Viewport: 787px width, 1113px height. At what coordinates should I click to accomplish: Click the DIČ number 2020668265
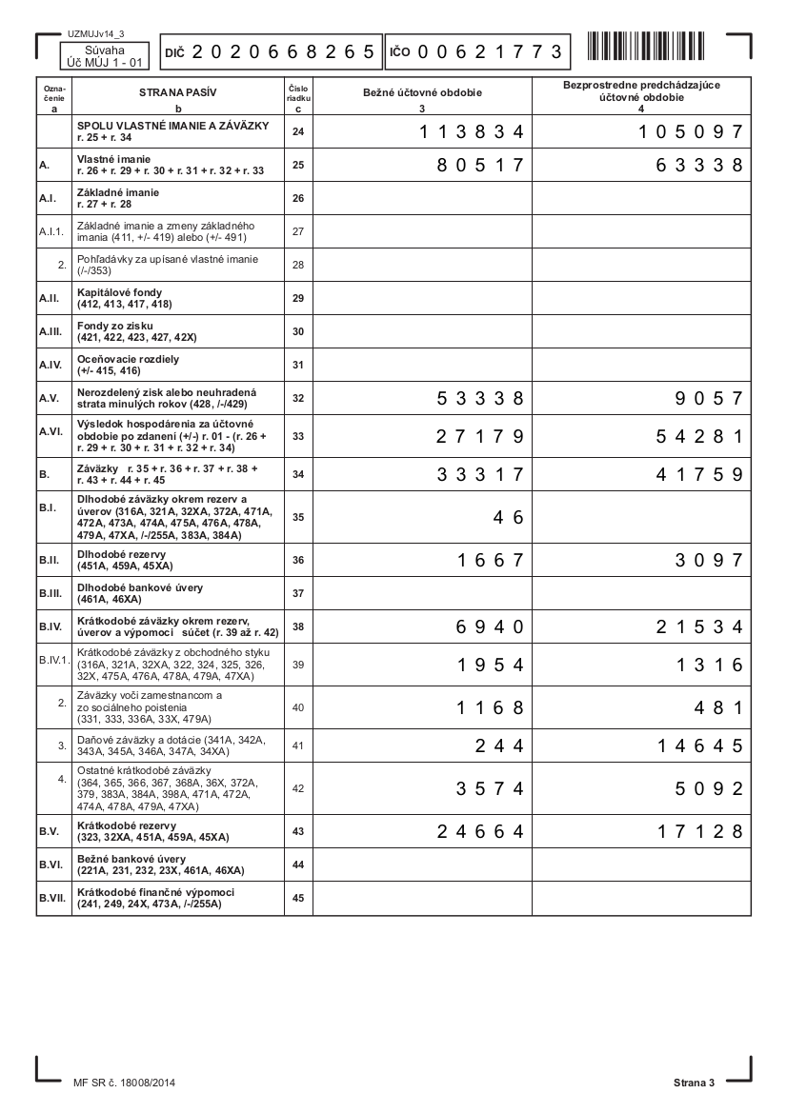(x=283, y=52)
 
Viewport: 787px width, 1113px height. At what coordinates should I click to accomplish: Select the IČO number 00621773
(x=489, y=52)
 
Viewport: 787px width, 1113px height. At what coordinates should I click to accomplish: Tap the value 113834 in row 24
(x=472, y=131)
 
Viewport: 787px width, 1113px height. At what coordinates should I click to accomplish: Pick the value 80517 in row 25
(x=480, y=165)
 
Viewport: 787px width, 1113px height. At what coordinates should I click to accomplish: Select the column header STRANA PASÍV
(x=177, y=93)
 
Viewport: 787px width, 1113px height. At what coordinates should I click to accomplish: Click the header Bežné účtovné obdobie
(x=422, y=93)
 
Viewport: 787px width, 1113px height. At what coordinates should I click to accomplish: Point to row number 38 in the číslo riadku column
(x=298, y=626)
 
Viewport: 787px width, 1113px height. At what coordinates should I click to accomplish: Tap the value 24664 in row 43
(x=480, y=831)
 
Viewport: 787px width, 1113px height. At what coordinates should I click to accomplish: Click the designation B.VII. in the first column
(x=51, y=898)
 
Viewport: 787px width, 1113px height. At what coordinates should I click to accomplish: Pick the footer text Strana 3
(x=694, y=1083)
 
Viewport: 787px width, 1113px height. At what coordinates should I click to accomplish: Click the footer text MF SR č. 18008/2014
(x=124, y=1083)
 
